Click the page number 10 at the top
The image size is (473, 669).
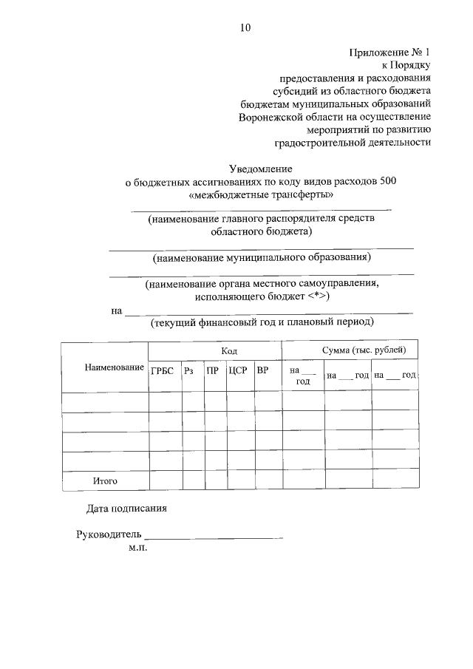point(245,28)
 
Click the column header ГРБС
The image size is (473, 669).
point(162,371)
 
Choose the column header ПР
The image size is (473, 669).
point(213,371)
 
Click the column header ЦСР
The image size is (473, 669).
point(237,371)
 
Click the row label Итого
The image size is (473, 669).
point(106,481)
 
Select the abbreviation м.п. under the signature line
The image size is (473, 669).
point(138,549)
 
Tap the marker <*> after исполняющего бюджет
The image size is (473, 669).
point(316,296)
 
